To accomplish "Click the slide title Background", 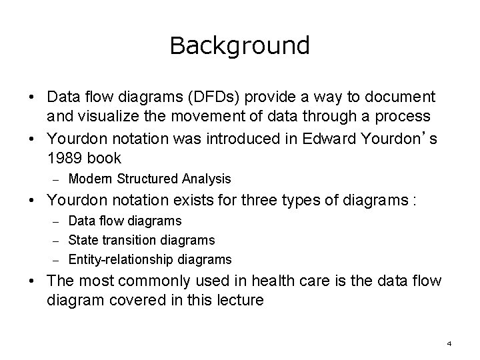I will [x=239, y=45].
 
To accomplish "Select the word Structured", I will [x=145, y=179].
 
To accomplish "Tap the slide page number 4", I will [x=449, y=343].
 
